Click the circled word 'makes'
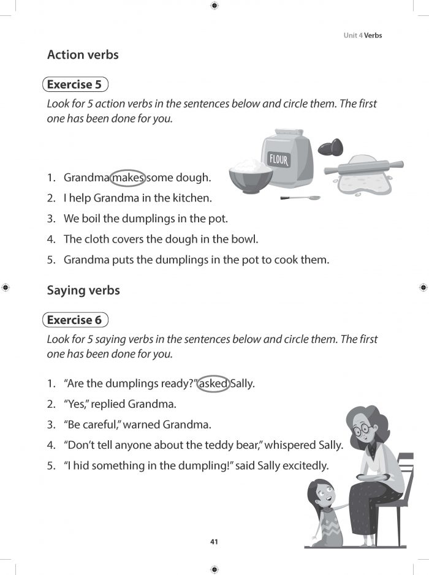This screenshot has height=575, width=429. pos(128,178)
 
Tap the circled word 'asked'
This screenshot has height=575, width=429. pos(213,384)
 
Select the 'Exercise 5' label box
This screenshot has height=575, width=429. pos(75,85)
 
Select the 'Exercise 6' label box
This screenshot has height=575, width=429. pos(75,320)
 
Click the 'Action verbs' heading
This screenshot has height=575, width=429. pos(83,54)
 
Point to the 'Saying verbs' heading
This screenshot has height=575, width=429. pos(83,290)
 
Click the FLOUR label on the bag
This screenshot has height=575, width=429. pos(278,161)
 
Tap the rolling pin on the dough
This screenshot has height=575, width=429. pos(364,167)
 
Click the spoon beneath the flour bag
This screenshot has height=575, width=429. pos(300,198)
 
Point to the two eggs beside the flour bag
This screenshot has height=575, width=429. pos(330,147)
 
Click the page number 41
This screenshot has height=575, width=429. pos(214,541)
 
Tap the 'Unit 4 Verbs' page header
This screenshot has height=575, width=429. pos(362,36)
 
